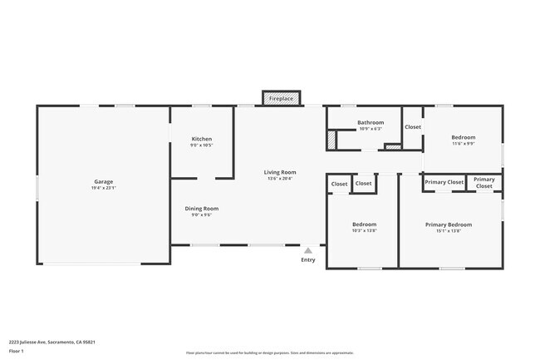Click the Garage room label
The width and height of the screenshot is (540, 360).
pyautogui.click(x=103, y=181)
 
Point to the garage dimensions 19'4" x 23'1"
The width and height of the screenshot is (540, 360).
pyautogui.click(x=103, y=188)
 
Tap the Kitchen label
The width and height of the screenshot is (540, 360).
pyautogui.click(x=202, y=139)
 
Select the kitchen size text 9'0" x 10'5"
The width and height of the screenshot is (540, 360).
pyautogui.click(x=202, y=145)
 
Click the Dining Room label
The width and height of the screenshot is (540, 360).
pyautogui.click(x=202, y=208)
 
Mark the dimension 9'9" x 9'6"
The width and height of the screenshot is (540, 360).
pyautogui.click(x=202, y=215)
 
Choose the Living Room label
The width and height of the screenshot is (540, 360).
pyautogui.click(x=281, y=172)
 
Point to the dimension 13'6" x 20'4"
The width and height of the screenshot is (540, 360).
pyautogui.click(x=281, y=179)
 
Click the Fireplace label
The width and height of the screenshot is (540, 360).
pyautogui.click(x=281, y=99)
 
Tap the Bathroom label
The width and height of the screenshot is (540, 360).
pyautogui.click(x=371, y=122)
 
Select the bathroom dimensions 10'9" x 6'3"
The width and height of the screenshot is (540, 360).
pyautogui.click(x=371, y=129)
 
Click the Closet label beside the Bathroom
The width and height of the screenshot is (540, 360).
pyautogui.click(x=413, y=127)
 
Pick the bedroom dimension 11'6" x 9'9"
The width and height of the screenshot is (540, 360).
pyautogui.click(x=464, y=144)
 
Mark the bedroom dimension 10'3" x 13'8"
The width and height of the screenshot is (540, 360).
pyautogui.click(x=364, y=231)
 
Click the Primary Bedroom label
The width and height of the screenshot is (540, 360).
pyautogui.click(x=449, y=224)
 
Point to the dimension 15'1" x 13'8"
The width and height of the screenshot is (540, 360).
pyautogui.click(x=449, y=231)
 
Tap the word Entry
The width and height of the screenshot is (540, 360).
pyautogui.click(x=308, y=259)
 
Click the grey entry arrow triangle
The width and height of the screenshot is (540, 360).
pyautogui.click(x=308, y=249)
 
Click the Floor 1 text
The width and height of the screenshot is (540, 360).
pyautogui.click(x=17, y=351)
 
